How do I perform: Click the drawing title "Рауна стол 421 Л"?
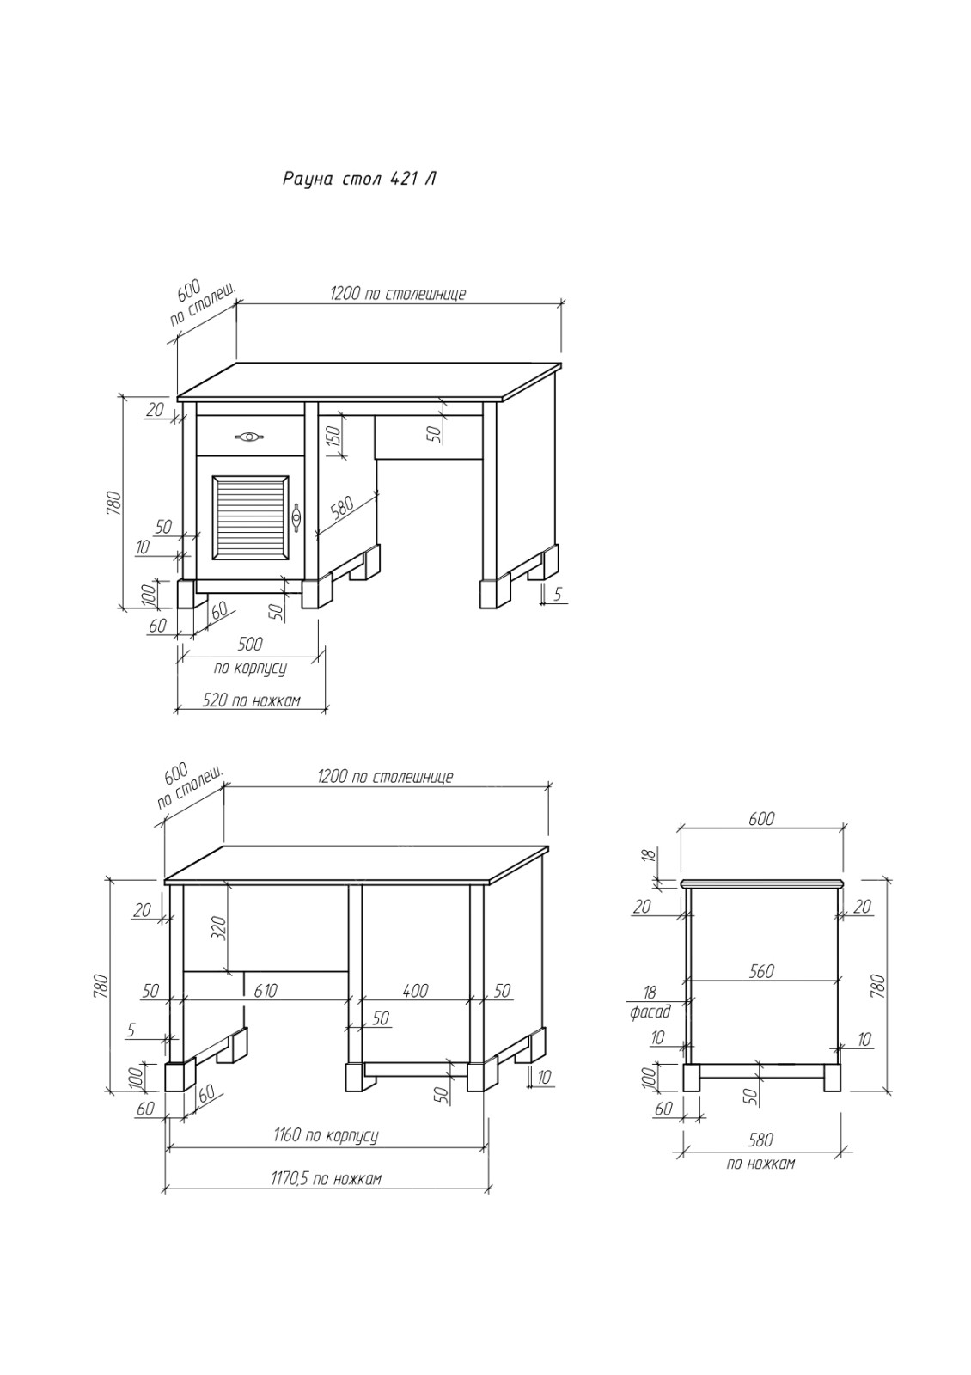click(359, 179)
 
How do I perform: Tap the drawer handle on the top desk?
click(249, 437)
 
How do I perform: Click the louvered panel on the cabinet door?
click(249, 516)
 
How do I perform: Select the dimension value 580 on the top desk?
click(342, 509)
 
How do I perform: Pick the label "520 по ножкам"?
click(252, 700)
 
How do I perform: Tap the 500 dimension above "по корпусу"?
click(250, 644)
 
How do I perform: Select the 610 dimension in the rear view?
click(266, 991)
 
